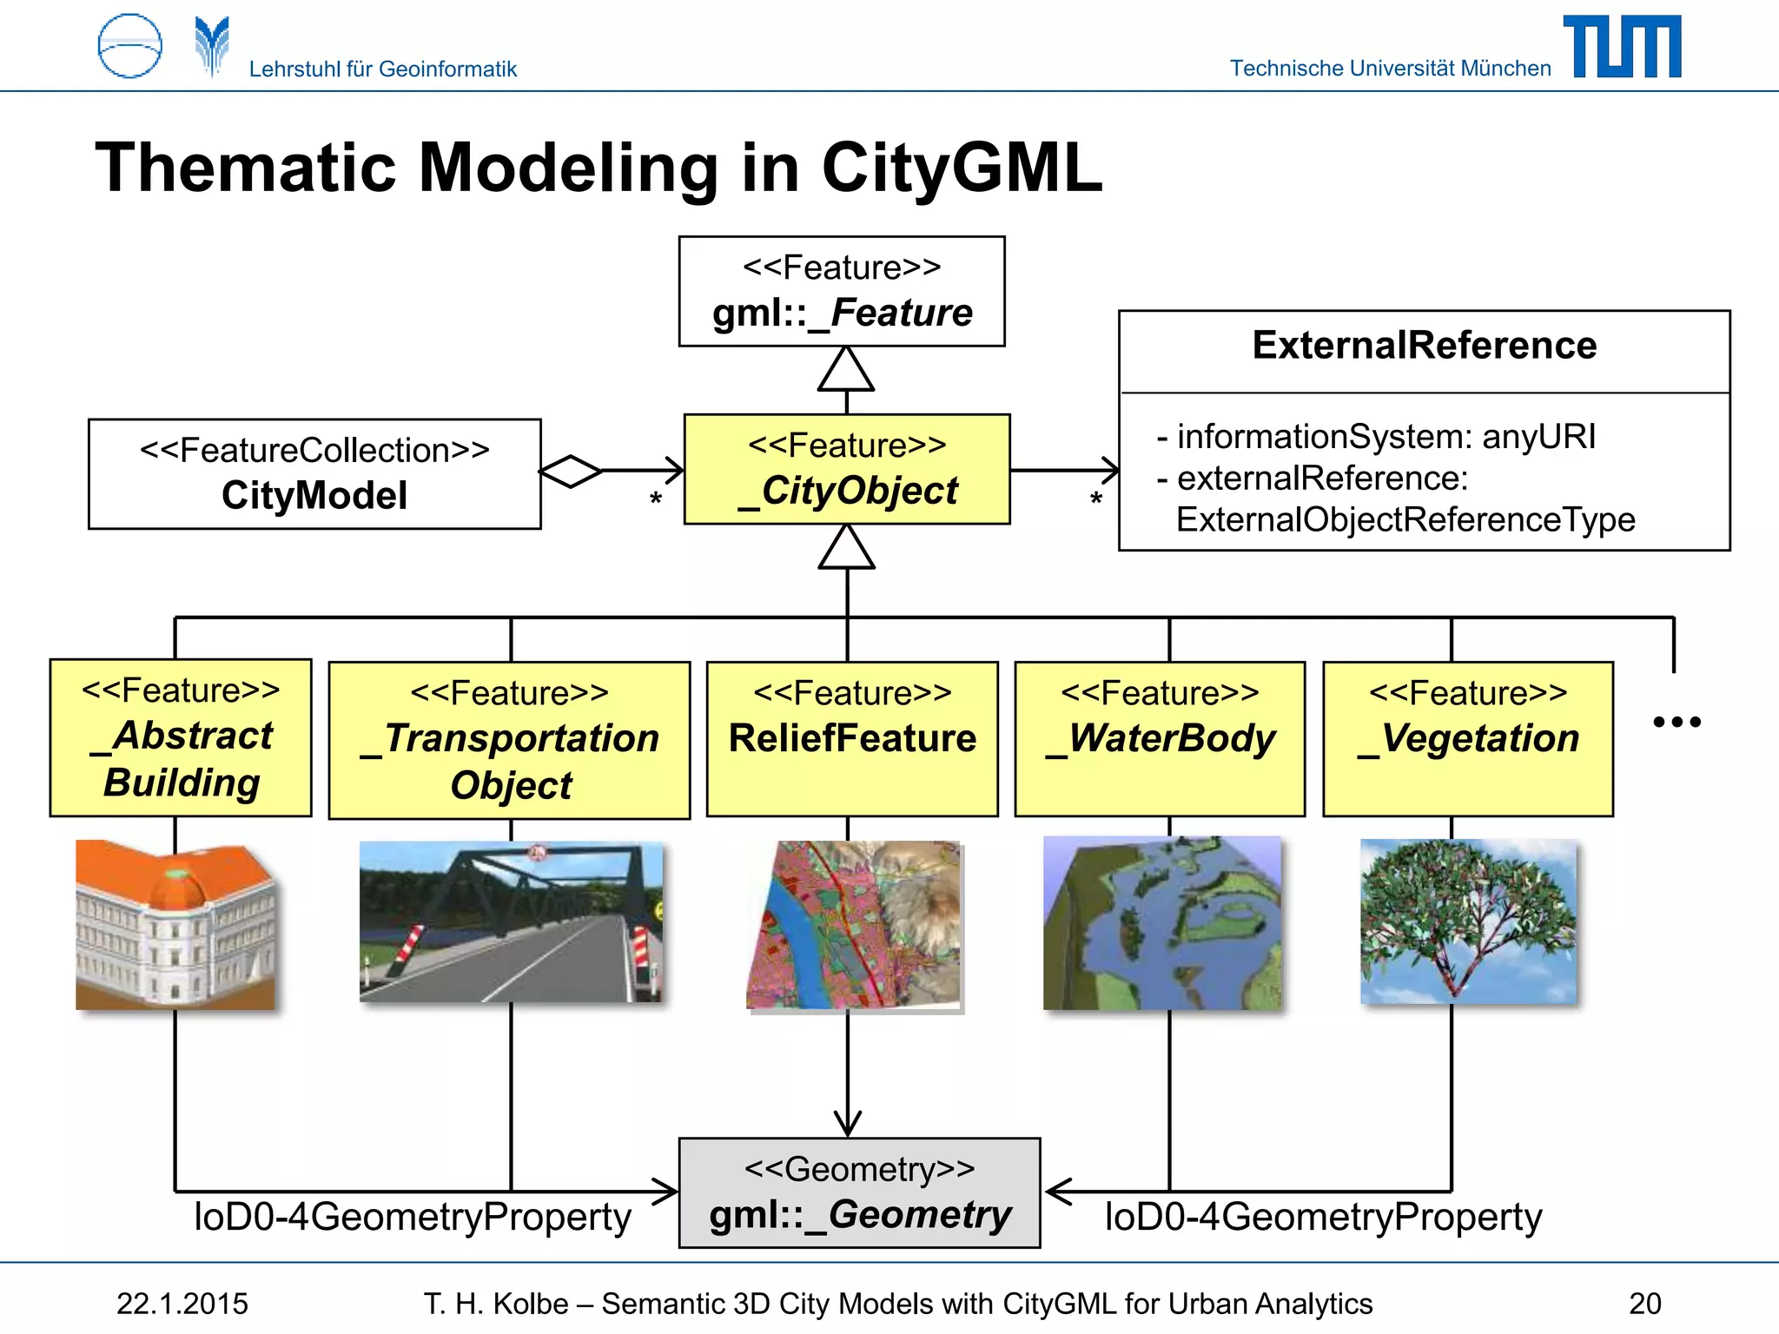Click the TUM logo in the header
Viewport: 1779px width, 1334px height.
pos(1622,47)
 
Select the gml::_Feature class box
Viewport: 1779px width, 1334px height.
pos(841,292)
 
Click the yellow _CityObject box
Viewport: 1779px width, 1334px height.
pos(846,470)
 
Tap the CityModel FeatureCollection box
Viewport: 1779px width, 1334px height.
pos(314,474)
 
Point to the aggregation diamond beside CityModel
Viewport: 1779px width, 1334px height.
pos(570,472)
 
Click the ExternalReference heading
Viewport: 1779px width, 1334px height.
pos(1424,346)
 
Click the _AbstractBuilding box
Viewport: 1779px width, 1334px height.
pos(181,738)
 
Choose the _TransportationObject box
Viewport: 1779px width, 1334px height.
pos(509,741)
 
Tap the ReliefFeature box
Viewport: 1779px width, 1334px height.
pos(851,739)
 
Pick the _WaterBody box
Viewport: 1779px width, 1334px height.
pos(1160,739)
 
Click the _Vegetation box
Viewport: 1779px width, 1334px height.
pos(1467,739)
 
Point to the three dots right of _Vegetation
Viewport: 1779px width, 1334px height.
pos(1676,722)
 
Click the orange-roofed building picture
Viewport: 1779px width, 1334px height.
pos(175,925)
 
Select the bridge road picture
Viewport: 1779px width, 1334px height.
pos(511,922)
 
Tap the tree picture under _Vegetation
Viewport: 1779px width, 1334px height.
pos(1468,922)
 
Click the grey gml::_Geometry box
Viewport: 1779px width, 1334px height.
pos(859,1192)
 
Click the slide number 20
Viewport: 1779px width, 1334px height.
pos(1644,1304)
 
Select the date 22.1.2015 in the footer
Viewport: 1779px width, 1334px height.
pos(182,1304)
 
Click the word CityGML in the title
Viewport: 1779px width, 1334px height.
pos(962,168)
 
